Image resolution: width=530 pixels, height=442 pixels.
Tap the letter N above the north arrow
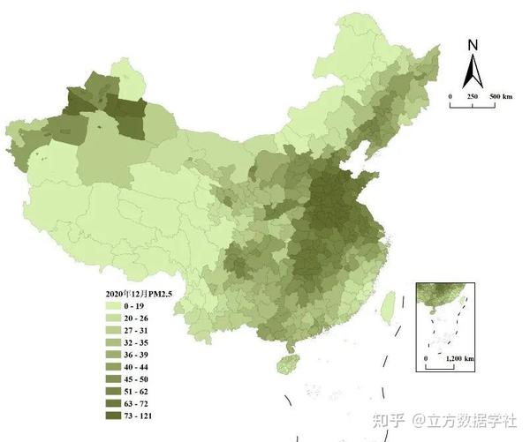click(x=473, y=47)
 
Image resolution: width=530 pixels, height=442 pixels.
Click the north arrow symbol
click(x=473, y=70)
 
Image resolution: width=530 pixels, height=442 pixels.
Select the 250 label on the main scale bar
click(x=473, y=95)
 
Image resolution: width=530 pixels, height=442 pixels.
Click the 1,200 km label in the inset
click(x=459, y=359)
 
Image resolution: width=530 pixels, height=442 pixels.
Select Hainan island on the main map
click(x=284, y=363)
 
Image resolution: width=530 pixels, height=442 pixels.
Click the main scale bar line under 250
click(x=473, y=106)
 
